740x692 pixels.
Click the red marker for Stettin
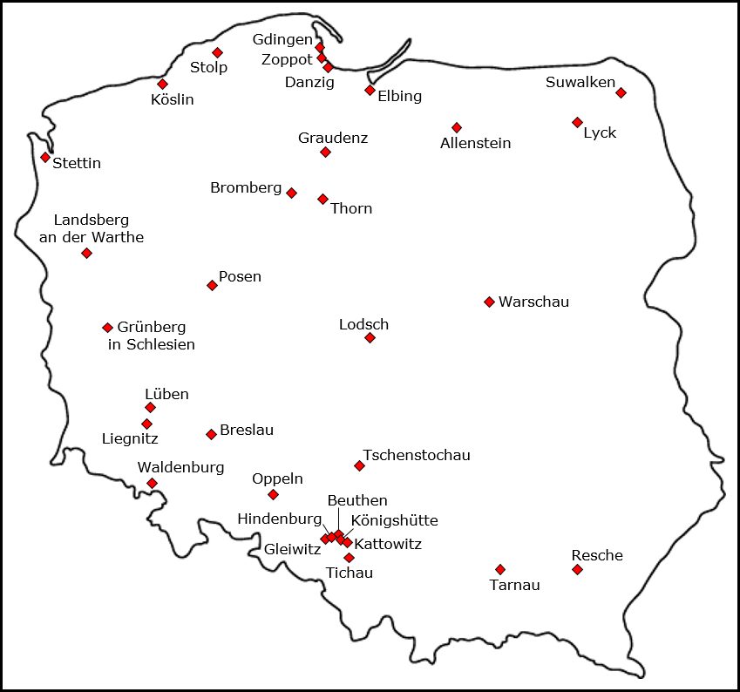pos(45,157)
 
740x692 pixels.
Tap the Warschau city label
pos(533,302)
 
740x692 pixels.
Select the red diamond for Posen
pos(212,285)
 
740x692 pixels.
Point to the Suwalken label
pos(580,83)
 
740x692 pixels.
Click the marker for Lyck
pos(577,122)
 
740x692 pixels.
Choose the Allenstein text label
pos(475,143)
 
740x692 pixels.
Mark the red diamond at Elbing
pos(370,90)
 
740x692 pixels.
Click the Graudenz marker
pos(325,152)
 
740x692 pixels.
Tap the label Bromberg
pos(246,187)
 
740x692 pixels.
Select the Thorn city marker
pos(322,199)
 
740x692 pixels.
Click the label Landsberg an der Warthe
pos(92,228)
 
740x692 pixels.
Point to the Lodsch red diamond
pos(370,337)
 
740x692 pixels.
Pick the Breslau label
pos(247,430)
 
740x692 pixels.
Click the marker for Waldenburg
pos(152,483)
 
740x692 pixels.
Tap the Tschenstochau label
pos(417,455)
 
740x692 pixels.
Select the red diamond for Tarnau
pos(499,569)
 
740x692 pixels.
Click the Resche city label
pos(597,555)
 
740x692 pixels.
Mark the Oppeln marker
pos(273,494)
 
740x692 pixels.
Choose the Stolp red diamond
pos(217,52)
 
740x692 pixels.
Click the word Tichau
pos(349,573)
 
